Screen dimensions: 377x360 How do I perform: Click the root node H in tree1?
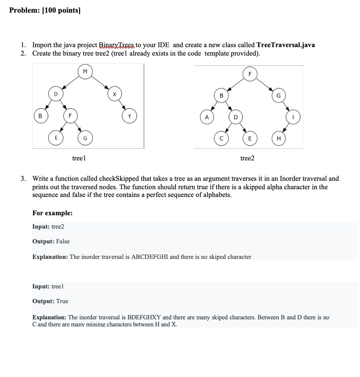[85, 71]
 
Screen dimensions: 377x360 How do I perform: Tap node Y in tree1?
[129, 116]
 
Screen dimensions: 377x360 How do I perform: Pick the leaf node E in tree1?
[56, 138]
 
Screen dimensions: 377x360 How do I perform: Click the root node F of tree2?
[250, 74]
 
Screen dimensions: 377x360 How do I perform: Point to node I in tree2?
[293, 117]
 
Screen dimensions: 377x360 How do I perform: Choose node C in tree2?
[221, 138]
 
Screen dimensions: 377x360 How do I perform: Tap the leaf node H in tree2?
[279, 138]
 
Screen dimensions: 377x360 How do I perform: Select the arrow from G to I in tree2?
[286, 106]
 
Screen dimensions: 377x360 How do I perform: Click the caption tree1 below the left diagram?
[79, 158]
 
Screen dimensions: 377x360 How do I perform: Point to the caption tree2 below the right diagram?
[247, 158]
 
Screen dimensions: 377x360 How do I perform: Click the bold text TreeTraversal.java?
[285, 45]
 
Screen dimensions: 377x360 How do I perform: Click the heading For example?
[52, 213]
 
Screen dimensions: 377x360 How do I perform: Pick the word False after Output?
[63, 241]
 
